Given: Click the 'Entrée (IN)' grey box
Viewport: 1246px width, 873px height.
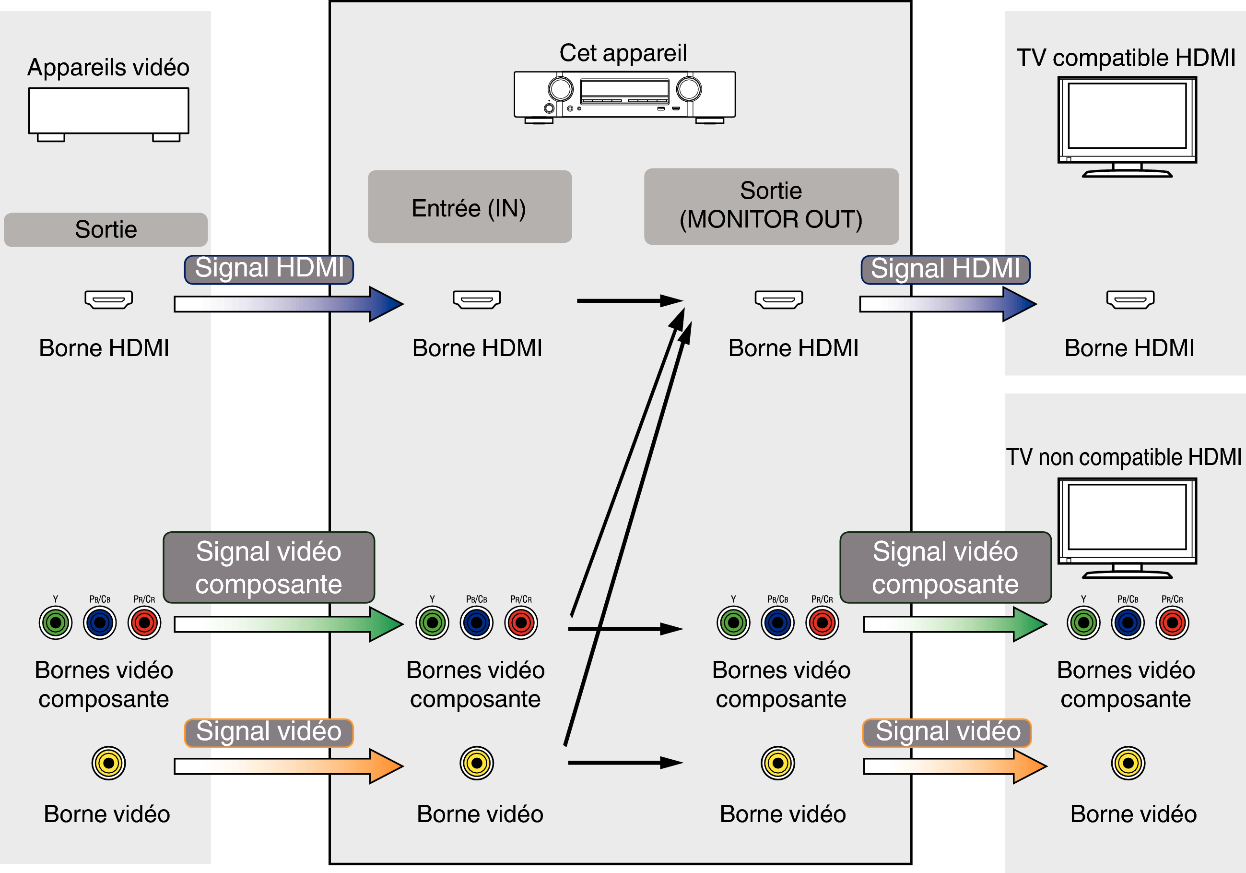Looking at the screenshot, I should (470, 207).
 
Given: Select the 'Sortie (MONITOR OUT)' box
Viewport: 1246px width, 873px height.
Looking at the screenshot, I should (771, 206).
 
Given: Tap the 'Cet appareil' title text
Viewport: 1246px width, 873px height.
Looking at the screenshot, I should (623, 53).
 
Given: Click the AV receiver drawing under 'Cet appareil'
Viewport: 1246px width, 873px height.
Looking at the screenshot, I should (624, 96).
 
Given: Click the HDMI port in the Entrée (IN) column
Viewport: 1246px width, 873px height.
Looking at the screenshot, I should (476, 299).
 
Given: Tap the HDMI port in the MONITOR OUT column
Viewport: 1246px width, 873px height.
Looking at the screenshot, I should (778, 299).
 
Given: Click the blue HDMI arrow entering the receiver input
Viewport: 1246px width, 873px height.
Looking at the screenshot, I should (288, 303).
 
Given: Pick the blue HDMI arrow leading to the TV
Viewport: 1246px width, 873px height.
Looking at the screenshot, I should (947, 303).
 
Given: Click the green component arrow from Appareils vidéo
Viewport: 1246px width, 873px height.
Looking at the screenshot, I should (288, 624).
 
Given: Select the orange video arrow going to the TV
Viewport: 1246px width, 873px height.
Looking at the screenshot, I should (954, 765).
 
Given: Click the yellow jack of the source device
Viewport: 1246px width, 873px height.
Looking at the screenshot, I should (108, 763).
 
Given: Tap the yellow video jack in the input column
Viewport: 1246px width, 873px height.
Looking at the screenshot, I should (476, 763).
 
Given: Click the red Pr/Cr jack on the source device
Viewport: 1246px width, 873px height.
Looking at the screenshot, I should (144, 623).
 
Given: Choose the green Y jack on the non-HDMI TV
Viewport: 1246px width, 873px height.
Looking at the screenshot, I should (1083, 623).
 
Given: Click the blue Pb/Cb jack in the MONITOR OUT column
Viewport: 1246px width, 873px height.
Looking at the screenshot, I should (777, 623).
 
